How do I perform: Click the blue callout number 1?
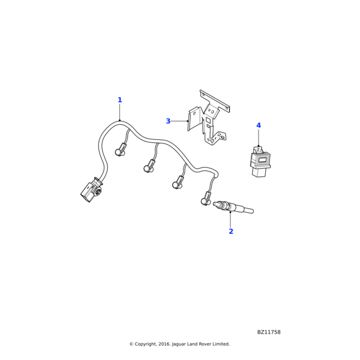(119, 100)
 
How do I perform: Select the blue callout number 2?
(230, 231)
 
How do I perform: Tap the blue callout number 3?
(168, 121)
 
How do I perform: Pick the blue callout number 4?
(259, 125)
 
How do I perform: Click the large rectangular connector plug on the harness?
(91, 191)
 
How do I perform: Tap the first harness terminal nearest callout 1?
(121, 151)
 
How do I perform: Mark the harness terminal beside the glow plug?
(206, 199)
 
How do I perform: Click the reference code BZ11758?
(269, 332)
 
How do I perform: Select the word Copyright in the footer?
(147, 344)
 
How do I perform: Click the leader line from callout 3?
(179, 121)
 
